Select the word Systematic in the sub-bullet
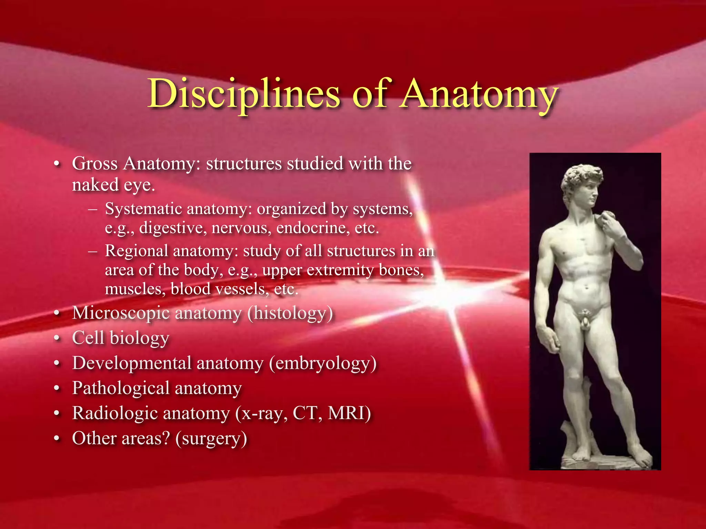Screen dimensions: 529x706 click(x=143, y=209)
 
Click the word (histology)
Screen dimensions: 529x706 click(x=290, y=313)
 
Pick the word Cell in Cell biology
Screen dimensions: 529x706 click(x=88, y=338)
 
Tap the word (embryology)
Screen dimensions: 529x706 click(x=323, y=363)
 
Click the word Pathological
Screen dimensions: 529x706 click(x=121, y=388)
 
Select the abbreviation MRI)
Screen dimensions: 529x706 click(x=349, y=413)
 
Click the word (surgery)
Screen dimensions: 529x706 click(x=211, y=438)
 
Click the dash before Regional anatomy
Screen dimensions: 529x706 click(x=92, y=251)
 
